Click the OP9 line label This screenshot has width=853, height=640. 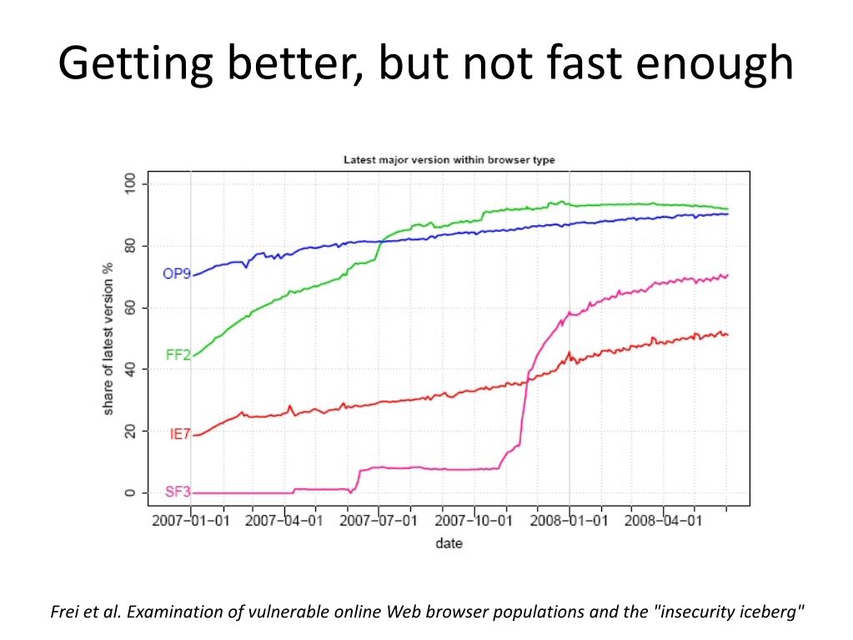(177, 274)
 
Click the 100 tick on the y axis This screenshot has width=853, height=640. (129, 184)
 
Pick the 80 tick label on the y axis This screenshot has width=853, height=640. (129, 246)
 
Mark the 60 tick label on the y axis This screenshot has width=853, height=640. (129, 308)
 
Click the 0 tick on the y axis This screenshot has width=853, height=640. (129, 493)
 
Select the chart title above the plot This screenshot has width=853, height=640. (449, 159)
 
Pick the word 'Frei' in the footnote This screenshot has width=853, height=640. (65, 612)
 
